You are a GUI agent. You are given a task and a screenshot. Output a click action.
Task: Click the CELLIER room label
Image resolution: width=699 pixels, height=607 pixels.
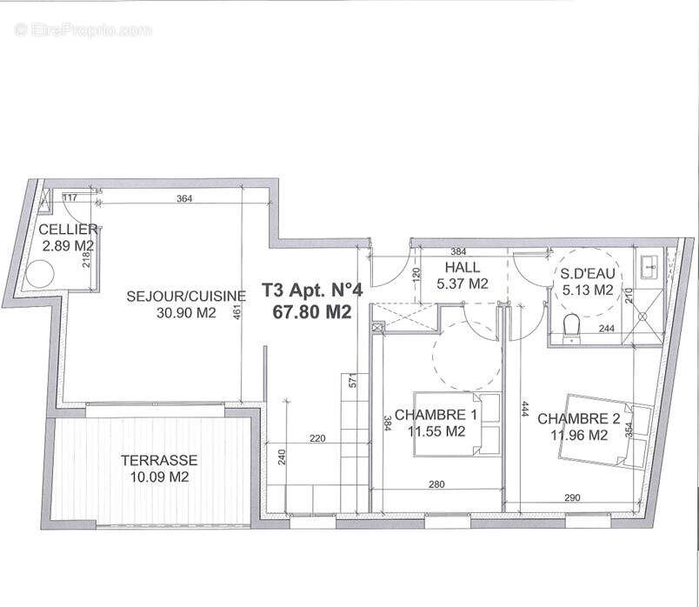(62, 230)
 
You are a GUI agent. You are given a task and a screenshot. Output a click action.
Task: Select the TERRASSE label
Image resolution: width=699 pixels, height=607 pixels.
(160, 460)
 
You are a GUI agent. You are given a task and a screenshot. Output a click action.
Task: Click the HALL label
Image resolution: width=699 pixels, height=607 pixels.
(461, 267)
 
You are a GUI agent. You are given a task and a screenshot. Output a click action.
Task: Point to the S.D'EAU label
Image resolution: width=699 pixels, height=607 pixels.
(589, 274)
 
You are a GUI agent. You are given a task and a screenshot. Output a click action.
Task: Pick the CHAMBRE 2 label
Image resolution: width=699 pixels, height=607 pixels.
(579, 419)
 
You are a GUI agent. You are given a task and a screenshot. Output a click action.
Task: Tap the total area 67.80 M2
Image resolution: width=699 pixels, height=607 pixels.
(307, 312)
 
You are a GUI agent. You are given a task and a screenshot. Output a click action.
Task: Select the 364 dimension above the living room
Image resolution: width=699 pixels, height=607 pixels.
(184, 198)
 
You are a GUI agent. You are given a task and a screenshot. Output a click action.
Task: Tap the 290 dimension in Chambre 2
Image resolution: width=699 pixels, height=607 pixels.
(572, 497)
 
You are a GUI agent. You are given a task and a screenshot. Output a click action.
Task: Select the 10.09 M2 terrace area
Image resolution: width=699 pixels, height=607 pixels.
(160, 477)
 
